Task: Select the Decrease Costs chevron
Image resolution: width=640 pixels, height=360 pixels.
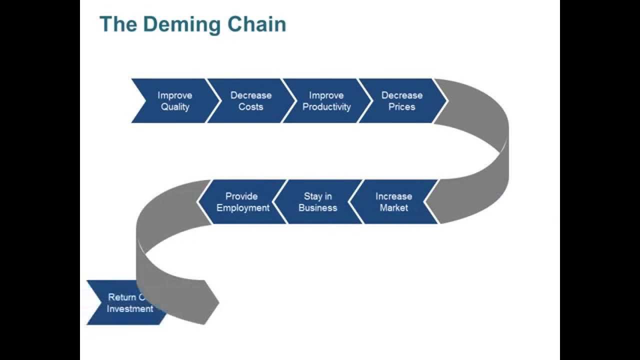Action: pos(250,100)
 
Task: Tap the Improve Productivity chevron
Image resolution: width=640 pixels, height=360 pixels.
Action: pos(326,100)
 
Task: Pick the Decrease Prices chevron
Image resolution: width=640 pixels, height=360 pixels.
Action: pos(401,100)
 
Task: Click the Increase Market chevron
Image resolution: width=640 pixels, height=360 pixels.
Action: pos(393,201)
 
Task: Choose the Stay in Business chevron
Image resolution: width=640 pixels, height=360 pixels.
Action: pos(317,201)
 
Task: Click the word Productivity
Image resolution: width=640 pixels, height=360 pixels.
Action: pos(326,107)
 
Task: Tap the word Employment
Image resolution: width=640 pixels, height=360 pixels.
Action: pos(242,208)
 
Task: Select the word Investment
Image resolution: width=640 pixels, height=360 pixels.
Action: pos(130,309)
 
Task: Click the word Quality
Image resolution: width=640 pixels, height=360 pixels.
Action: pos(175,107)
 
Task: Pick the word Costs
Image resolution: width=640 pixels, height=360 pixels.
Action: pos(250,107)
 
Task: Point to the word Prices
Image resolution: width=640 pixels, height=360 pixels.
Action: pos(401,107)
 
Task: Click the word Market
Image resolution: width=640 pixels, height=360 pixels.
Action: pos(393,208)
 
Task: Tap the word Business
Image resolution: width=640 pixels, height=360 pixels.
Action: pos(317,208)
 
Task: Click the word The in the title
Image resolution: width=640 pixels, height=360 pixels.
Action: pos(115,24)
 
